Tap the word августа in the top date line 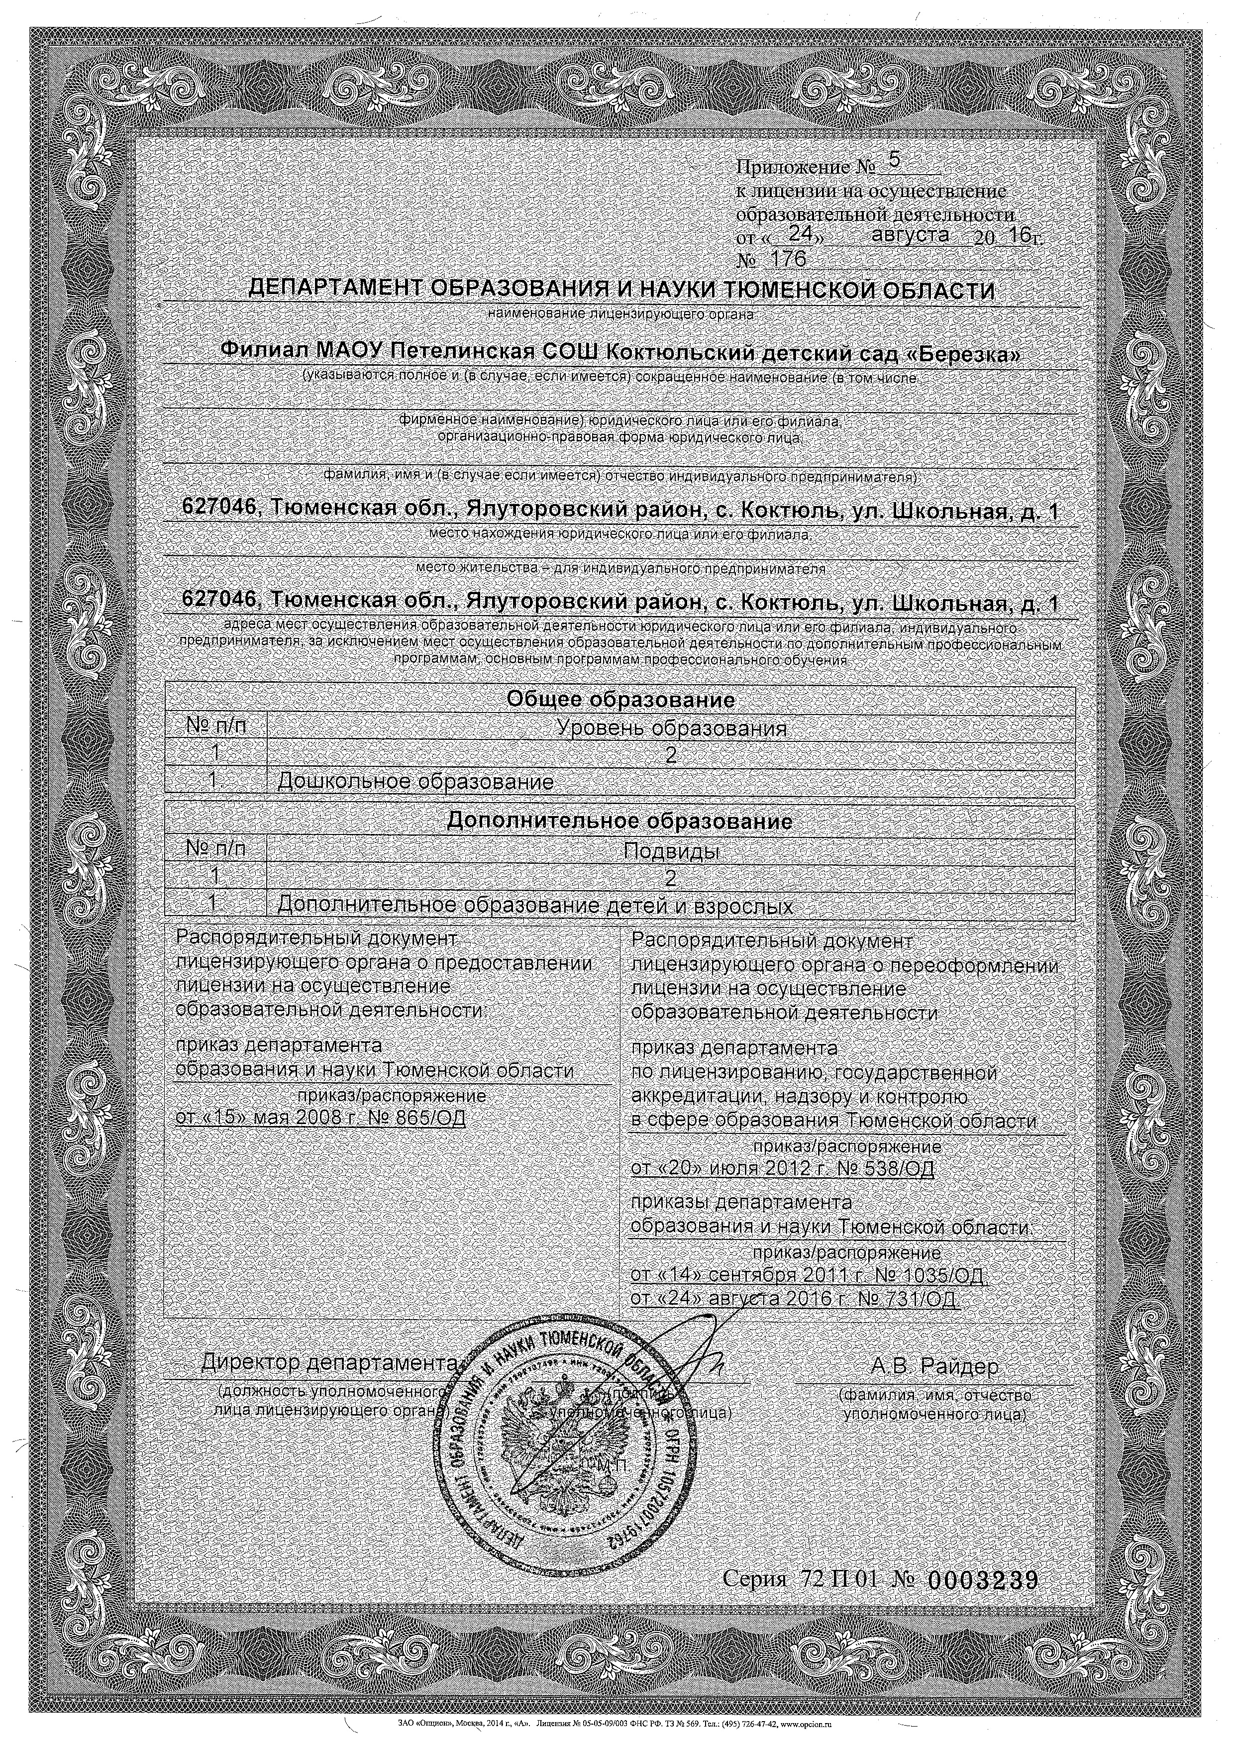point(910,235)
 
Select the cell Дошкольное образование point(415,781)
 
